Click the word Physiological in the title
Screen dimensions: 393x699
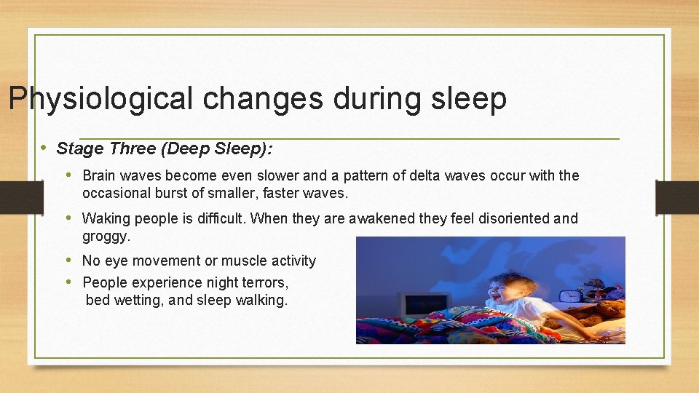coord(101,99)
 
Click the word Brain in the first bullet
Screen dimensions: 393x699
coord(101,175)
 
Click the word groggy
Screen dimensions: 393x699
coord(106,237)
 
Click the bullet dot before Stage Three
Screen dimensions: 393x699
coord(44,148)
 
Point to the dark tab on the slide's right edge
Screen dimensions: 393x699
coord(676,197)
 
